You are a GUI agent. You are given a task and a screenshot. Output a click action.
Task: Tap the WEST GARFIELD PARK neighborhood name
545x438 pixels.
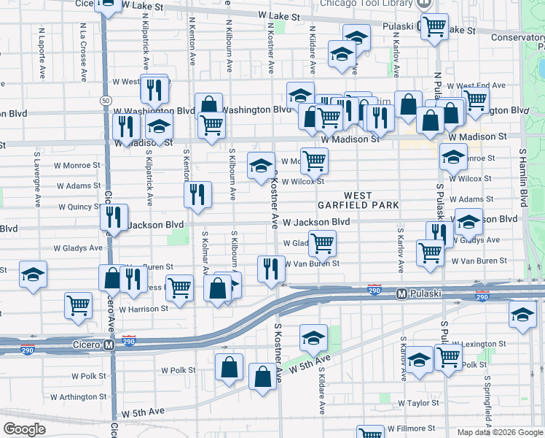coord(358,201)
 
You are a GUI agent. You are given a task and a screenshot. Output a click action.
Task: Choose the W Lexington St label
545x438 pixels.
coord(478,343)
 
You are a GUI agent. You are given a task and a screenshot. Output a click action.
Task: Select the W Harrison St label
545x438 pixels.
coord(144,309)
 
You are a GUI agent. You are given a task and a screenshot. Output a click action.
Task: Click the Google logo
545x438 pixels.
coord(24,429)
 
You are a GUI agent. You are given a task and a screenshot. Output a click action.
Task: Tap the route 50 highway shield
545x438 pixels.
coord(106,99)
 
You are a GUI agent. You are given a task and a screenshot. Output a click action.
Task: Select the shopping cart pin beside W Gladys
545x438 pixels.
coord(321,242)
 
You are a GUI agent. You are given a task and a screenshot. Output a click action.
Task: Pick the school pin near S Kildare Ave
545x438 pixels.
coord(313,337)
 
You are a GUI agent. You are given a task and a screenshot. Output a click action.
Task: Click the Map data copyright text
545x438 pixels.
coord(499,432)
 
